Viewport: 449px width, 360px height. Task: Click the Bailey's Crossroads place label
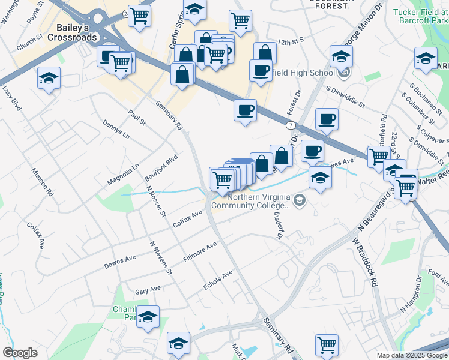pos(76,32)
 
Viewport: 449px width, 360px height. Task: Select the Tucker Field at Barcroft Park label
pos(420,16)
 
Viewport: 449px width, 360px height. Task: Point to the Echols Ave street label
pos(217,281)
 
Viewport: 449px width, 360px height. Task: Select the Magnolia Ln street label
pos(123,175)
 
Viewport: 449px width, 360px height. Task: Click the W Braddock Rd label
pos(364,262)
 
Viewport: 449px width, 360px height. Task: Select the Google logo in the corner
pos(20,353)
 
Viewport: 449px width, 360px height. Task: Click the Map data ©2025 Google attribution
pos(412,355)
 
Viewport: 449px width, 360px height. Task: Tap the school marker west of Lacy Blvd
pos(49,79)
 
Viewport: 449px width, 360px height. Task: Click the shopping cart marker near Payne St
pos(140,16)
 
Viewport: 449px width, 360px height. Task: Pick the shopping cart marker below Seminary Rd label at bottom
pos(326,345)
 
